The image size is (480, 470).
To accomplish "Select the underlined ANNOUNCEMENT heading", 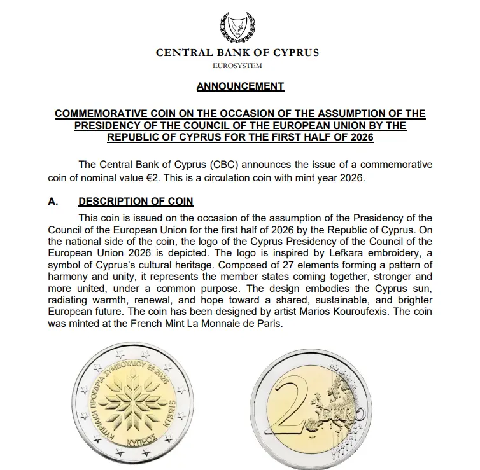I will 239,86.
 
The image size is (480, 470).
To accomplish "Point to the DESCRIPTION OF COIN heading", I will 136,202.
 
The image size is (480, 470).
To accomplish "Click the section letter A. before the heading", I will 53,202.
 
